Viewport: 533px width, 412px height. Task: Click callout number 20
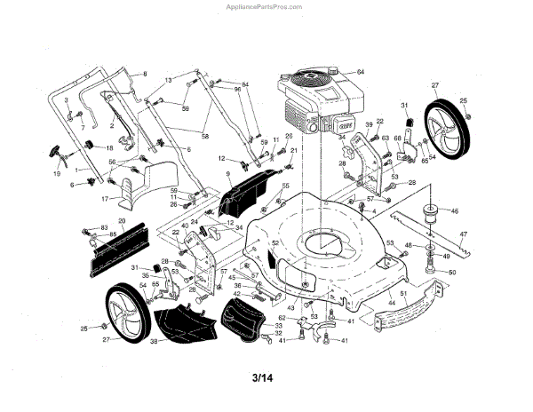pyautogui.click(x=123, y=219)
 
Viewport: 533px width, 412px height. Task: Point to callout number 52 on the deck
pyautogui.click(x=275, y=242)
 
